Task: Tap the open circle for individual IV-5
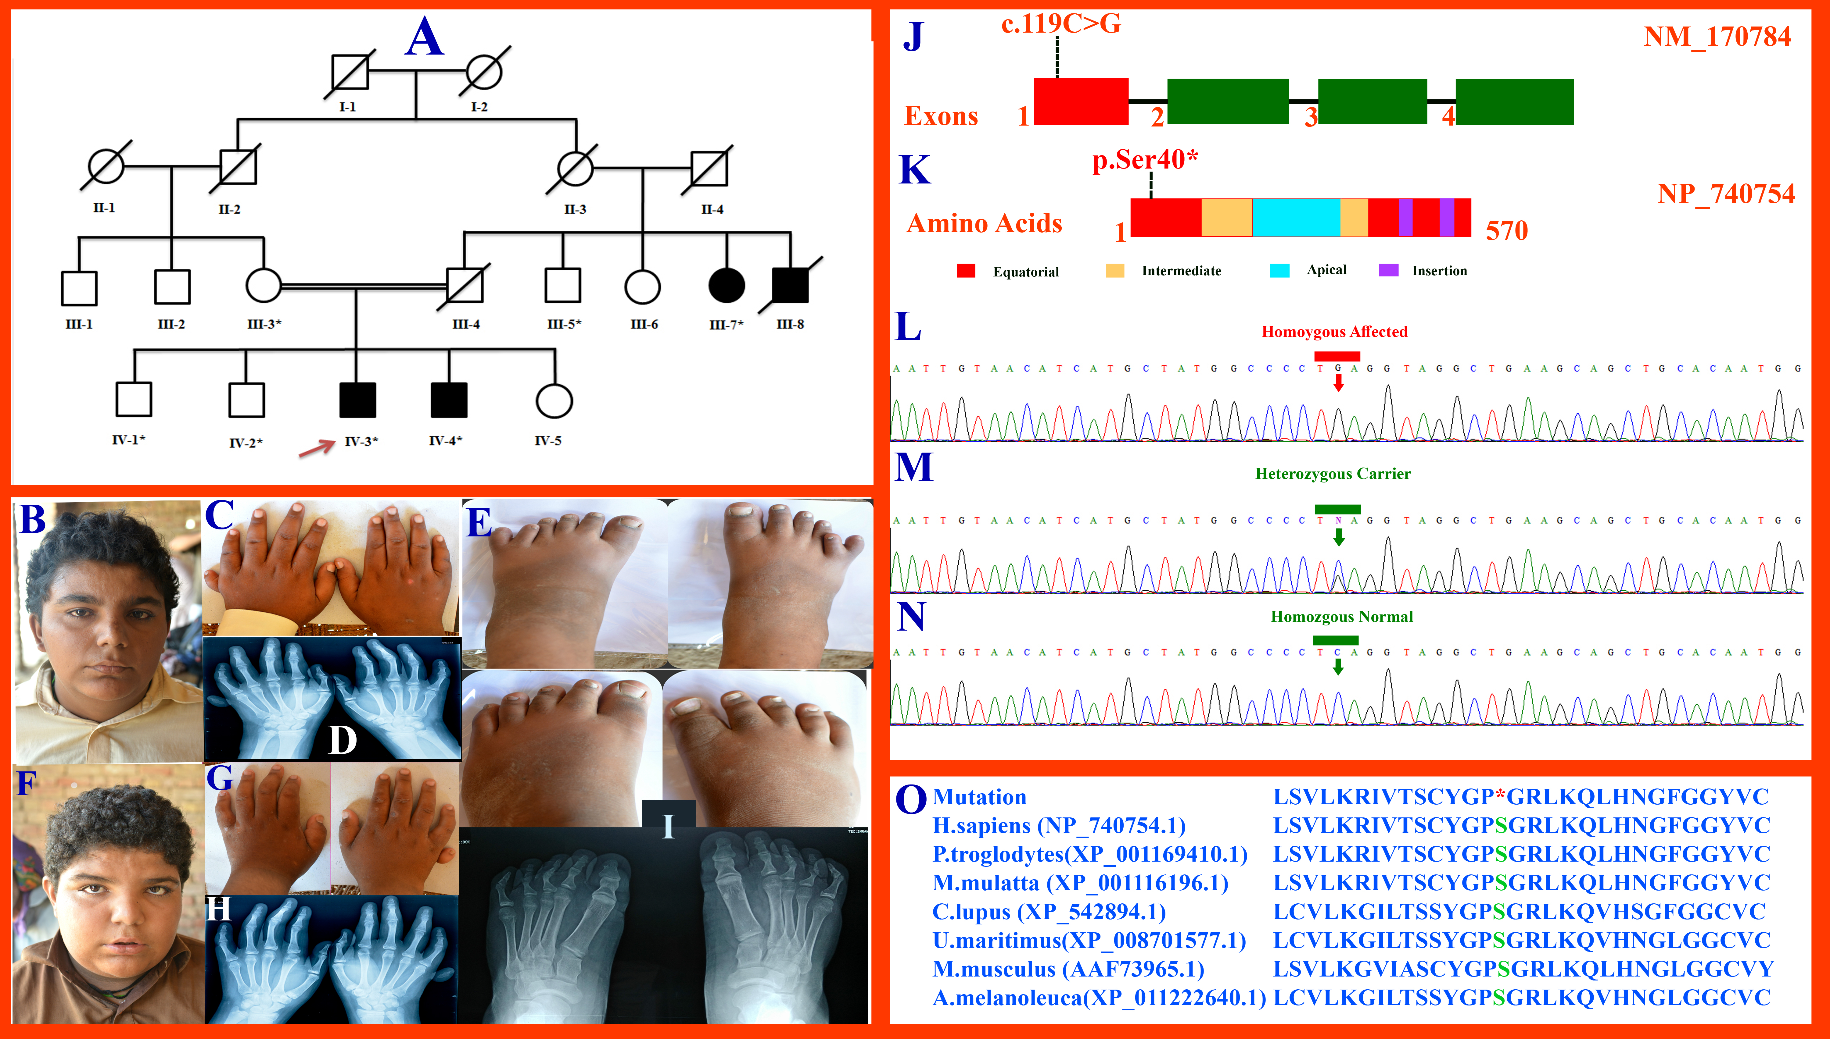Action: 554,401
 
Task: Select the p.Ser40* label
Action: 1145,160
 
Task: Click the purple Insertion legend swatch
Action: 1388,270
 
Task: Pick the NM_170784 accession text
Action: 1717,36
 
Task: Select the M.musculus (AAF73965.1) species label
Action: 1067,969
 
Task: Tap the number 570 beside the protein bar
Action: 1507,230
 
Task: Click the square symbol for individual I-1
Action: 350,72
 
